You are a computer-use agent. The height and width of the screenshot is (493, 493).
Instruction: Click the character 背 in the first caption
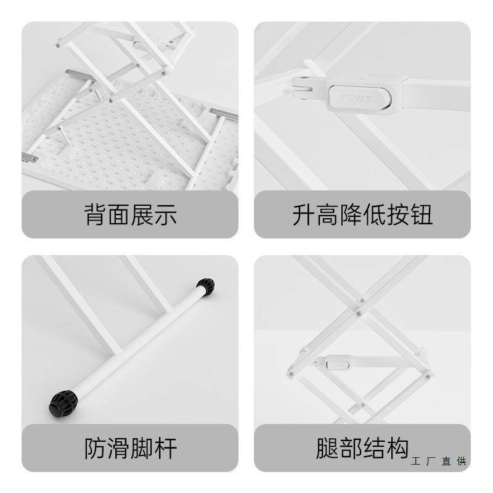(96, 215)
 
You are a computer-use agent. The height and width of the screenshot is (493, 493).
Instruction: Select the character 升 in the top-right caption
(304, 215)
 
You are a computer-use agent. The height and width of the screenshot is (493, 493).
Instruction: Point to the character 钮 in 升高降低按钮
(422, 215)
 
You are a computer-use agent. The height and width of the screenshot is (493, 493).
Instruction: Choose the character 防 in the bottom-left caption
(96, 448)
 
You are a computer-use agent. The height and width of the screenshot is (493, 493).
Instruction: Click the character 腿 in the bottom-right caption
(327, 448)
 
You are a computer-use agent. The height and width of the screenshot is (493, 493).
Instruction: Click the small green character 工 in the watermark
(415, 461)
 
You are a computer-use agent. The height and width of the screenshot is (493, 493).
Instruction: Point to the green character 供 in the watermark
(462, 461)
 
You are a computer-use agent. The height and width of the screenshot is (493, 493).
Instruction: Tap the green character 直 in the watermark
(446, 461)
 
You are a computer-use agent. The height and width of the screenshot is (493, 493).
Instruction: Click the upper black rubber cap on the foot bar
(205, 287)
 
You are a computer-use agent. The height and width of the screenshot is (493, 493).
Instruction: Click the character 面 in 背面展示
(119, 215)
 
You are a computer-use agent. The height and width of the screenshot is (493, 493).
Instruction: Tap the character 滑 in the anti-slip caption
(119, 448)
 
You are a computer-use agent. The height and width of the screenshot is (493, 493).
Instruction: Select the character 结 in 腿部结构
(374, 448)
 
